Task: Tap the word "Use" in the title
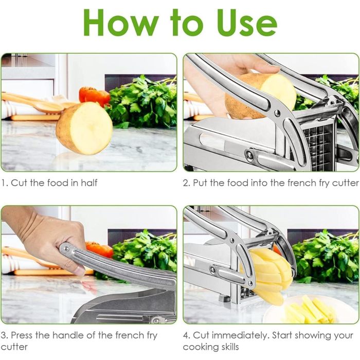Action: point(247,23)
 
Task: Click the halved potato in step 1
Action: point(84,128)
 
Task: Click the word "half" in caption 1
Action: point(89,183)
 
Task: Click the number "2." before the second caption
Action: point(187,183)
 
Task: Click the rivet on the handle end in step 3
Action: point(66,248)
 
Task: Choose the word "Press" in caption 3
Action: point(22,335)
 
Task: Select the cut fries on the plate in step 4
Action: point(309,311)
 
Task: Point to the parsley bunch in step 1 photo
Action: point(142,102)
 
